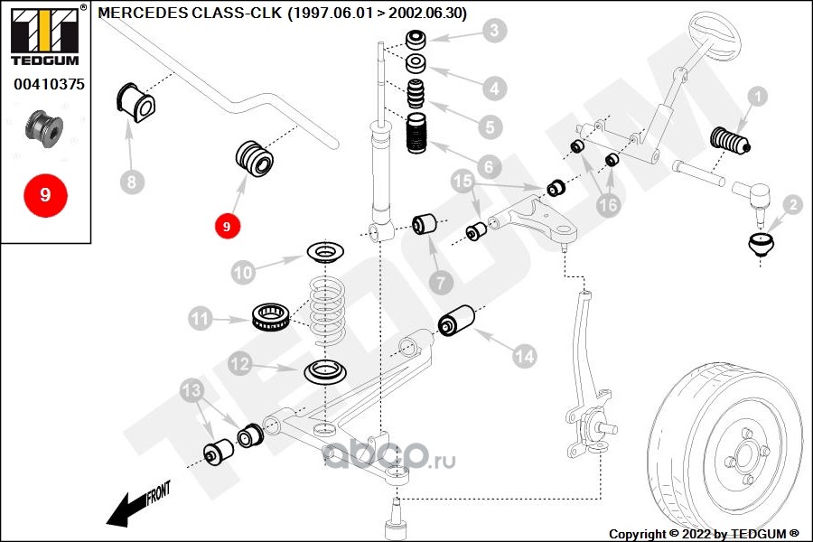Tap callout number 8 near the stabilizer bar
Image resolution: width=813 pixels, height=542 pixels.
point(131,182)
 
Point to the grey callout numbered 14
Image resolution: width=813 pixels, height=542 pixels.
point(524,357)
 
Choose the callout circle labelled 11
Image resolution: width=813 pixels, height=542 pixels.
point(200,318)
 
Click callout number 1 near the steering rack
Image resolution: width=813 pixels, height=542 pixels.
point(757,95)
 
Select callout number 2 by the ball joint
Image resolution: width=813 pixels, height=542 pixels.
point(792,205)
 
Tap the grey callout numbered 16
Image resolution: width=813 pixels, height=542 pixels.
point(609,206)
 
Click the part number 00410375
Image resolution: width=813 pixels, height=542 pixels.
point(49,85)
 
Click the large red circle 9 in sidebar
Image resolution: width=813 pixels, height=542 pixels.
point(46,194)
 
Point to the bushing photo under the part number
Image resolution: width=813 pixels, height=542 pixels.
point(44,128)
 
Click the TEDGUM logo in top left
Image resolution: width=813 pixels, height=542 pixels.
point(44,36)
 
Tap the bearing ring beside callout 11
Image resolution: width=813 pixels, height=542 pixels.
point(270,316)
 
